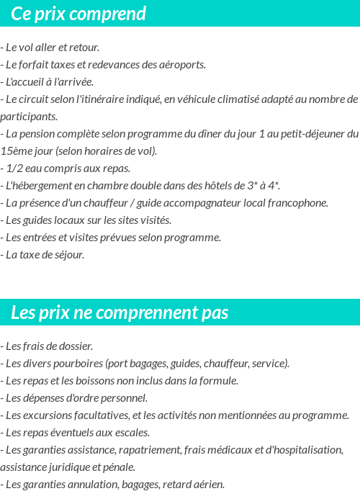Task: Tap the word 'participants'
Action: [x=28, y=117]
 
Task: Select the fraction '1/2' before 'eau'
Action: [x=14, y=168]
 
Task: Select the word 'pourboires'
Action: [x=78, y=364]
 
